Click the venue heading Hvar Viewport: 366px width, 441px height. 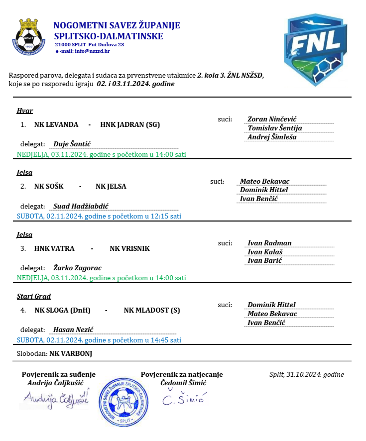pyautogui.click(x=25, y=111)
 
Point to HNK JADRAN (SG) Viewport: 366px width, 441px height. pyautogui.click(x=130, y=124)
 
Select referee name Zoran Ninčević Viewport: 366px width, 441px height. pyautogui.click(x=272, y=119)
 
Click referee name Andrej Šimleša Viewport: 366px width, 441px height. pyautogui.click(x=272, y=137)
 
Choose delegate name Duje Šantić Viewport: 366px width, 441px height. pyautogui.click(x=72, y=144)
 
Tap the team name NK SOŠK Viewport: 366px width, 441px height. pyautogui.click(x=49, y=186)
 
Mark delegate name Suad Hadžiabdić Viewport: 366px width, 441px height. pyautogui.click(x=81, y=206)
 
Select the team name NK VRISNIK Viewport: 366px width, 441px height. pyautogui.click(x=129, y=248)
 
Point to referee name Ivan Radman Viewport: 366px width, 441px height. pyautogui.click(x=269, y=243)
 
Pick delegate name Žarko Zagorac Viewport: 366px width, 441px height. pyautogui.click(x=77, y=268)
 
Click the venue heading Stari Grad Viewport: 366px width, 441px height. pyautogui.click(x=34, y=297)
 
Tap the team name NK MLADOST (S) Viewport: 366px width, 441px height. pyautogui.click(x=152, y=310)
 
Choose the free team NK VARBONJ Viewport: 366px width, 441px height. pyautogui.click(x=71, y=354)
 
